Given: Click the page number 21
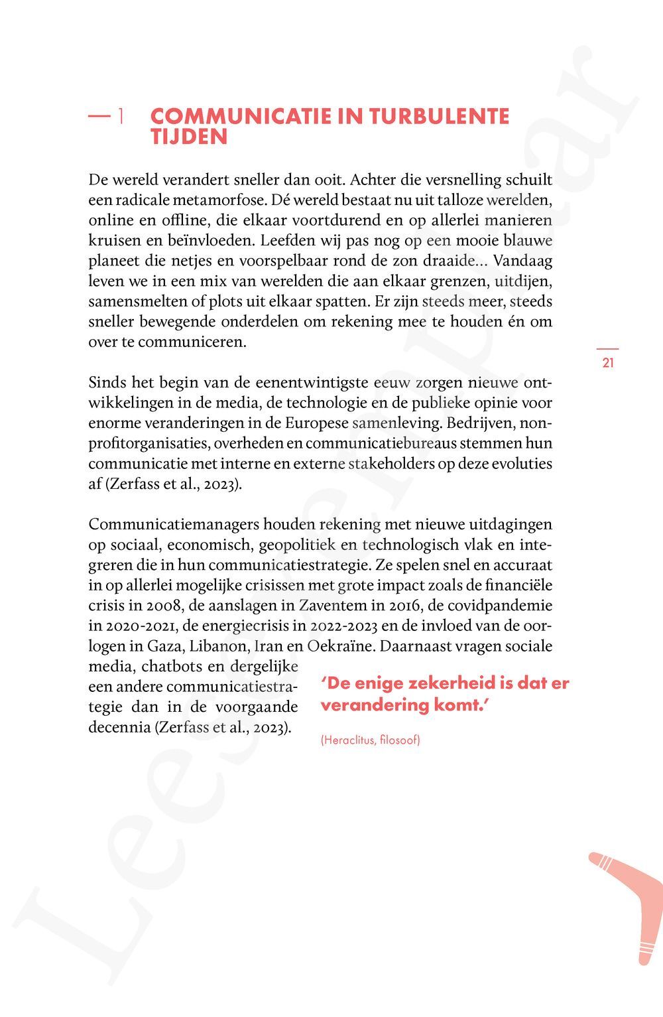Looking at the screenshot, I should (x=608, y=363).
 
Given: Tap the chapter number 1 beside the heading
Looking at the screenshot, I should (x=121, y=117).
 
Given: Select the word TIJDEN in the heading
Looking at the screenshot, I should (x=189, y=137).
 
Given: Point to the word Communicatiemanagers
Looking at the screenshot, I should (x=174, y=524).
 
